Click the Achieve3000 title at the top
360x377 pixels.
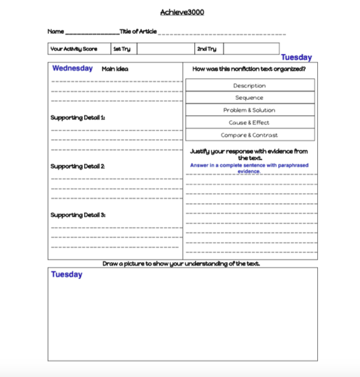(182, 12)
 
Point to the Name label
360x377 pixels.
(56, 31)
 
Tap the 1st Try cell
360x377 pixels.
(124, 49)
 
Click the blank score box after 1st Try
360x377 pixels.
(165, 49)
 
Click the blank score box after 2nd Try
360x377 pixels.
(251, 49)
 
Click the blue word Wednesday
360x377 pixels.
(73, 68)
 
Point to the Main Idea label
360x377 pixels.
(115, 69)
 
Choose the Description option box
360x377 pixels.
(249, 85)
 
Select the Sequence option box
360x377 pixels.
(249, 97)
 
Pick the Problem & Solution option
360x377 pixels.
(249, 110)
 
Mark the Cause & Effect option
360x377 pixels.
(249, 123)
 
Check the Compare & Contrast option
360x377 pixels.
(249, 135)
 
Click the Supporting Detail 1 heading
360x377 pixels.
(78, 117)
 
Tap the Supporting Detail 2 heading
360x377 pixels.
(78, 167)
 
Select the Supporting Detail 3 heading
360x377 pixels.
(78, 215)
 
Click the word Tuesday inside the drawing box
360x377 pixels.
(67, 275)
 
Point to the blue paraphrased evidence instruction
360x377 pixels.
(249, 168)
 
